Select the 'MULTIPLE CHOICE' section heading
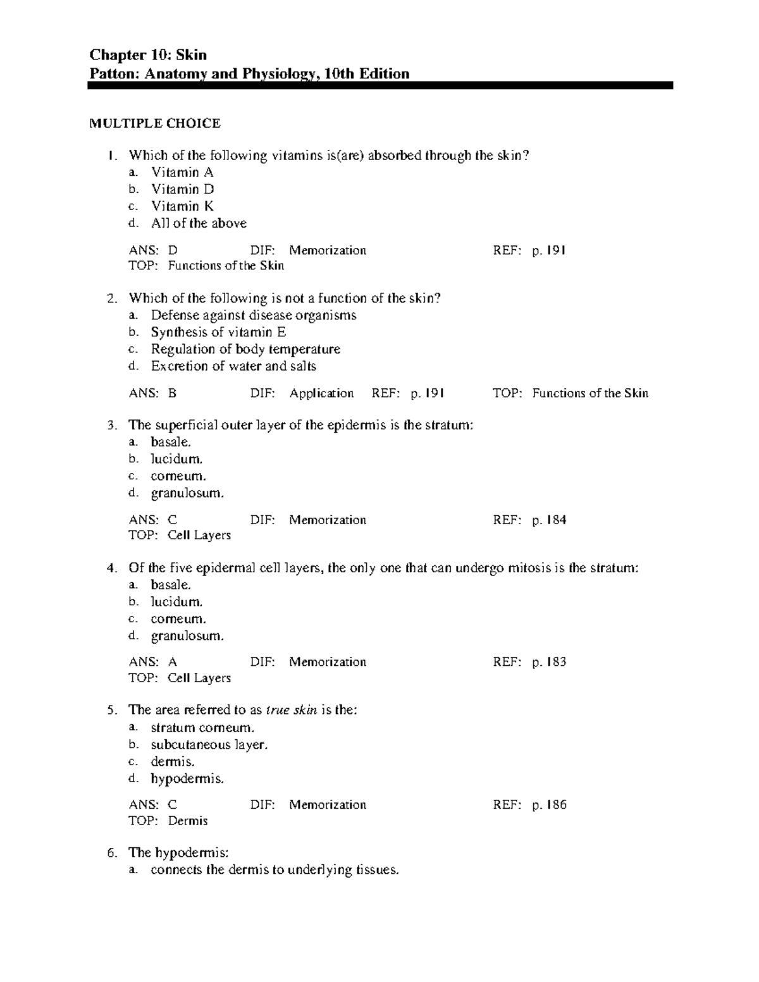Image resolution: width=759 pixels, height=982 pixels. coord(154,123)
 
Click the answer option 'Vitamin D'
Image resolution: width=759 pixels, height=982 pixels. coord(182,189)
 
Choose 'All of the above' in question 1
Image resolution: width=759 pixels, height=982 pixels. coord(199,223)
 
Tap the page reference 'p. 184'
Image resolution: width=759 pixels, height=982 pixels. coord(548,520)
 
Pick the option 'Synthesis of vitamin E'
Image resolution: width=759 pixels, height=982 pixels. coord(218,332)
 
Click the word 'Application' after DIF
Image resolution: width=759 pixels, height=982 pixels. coord(321,393)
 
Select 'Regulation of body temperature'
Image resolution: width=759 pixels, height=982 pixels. coord(245,349)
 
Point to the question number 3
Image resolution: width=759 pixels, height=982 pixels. coord(112,426)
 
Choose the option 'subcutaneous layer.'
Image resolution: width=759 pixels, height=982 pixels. coord(209,745)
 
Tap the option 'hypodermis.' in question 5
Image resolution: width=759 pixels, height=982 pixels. coord(187,778)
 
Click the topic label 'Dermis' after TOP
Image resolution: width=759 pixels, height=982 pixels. coord(188,821)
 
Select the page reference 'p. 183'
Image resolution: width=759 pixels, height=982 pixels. coord(548,662)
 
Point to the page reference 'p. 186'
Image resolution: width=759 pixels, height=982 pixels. coord(548,805)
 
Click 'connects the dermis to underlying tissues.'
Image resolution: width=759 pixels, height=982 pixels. coord(275,870)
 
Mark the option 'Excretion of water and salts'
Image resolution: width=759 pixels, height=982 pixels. coord(233,366)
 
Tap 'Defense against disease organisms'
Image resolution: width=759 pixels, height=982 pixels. coord(254,315)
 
